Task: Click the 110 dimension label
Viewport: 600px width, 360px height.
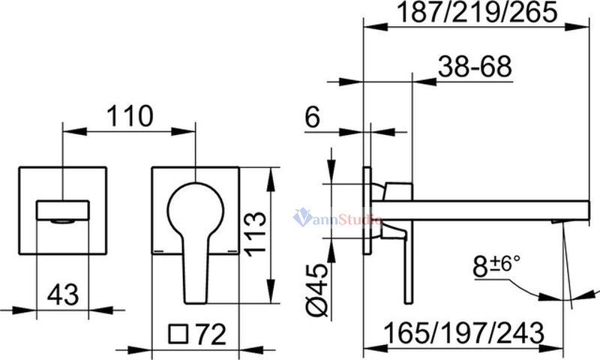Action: tap(129, 116)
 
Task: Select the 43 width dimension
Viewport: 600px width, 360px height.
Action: tap(63, 295)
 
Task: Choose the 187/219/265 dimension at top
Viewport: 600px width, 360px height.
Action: tap(476, 12)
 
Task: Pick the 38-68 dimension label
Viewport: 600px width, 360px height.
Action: tap(475, 66)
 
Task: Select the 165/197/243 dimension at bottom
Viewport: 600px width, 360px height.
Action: tap(464, 333)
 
